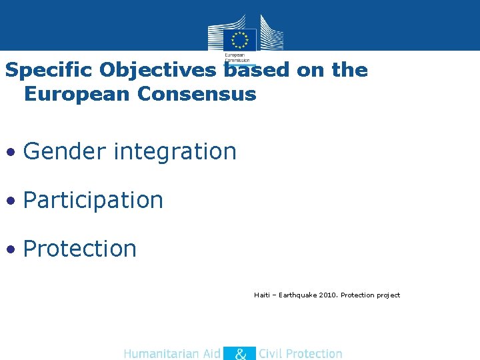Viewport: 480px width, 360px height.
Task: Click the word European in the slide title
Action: point(77,94)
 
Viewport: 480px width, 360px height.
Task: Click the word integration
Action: point(175,152)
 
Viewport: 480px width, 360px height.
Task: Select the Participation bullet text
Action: point(93,200)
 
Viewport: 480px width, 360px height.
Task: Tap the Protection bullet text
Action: point(80,249)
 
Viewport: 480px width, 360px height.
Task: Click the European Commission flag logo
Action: point(240,39)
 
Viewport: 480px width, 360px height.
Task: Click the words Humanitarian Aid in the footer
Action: point(172,354)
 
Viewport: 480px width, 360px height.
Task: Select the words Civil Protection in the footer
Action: point(301,354)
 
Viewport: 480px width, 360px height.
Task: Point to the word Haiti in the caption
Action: point(262,295)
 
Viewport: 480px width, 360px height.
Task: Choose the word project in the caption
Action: point(388,295)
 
